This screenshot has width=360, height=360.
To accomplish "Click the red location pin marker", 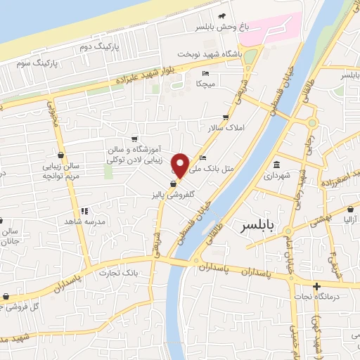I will click(x=181, y=165).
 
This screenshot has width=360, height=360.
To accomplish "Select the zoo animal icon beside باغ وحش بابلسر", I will click(x=222, y=15).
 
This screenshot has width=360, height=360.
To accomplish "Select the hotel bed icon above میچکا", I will click(x=205, y=73).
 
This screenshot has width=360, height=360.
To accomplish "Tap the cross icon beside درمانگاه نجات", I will click(x=317, y=286).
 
